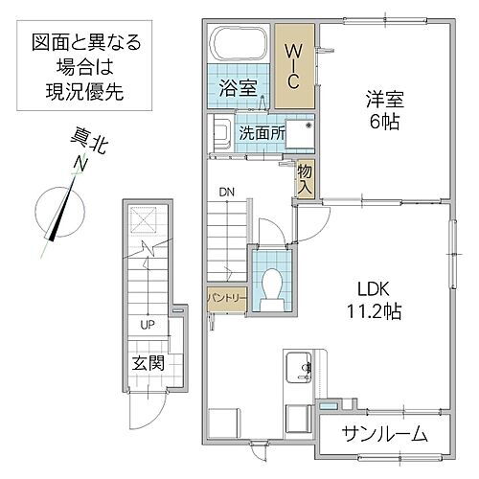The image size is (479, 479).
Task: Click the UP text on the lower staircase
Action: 148,325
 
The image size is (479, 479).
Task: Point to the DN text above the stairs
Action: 226,193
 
